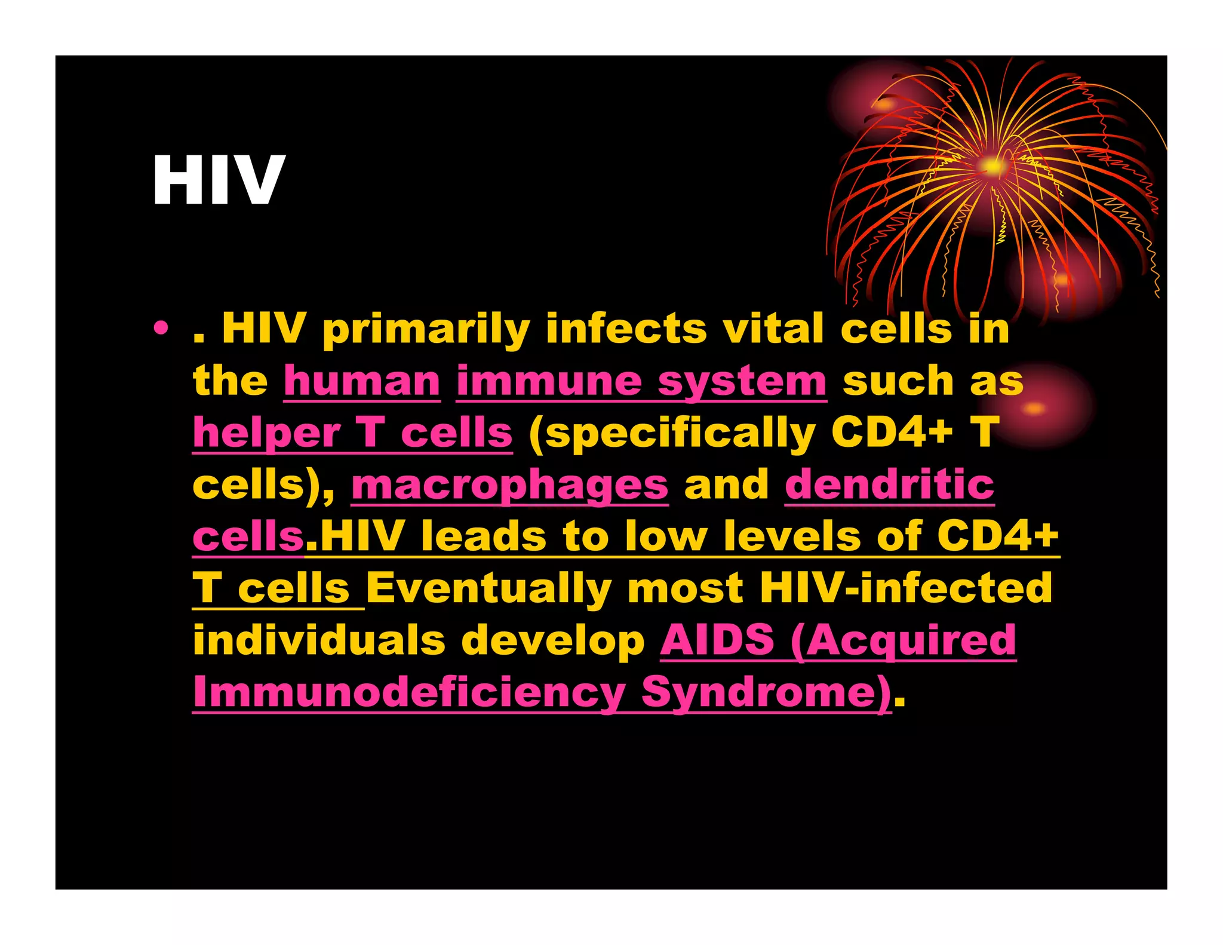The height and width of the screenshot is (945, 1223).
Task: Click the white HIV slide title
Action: coord(219,179)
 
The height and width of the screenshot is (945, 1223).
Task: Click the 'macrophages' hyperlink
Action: coord(509,484)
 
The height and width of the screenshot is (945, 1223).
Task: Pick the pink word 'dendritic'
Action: coord(889,484)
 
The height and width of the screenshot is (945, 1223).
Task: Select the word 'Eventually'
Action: coord(488,588)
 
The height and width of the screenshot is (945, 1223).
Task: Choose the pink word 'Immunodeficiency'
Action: coord(409,692)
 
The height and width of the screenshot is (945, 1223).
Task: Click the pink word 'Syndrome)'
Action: coord(766,692)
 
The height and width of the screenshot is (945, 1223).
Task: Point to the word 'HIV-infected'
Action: coord(905,588)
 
